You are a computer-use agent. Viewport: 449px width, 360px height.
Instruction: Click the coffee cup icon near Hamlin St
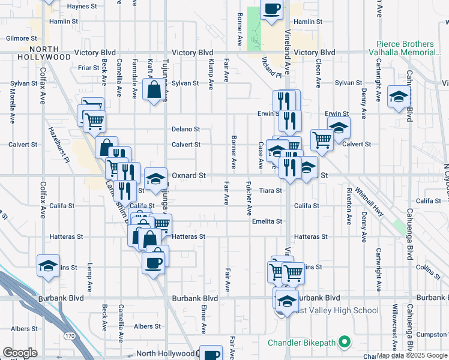272,10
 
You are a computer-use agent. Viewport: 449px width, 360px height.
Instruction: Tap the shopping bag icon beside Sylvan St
154,90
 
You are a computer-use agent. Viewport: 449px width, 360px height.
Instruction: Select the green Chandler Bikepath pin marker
344,343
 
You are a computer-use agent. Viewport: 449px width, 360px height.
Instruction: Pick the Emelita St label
267,221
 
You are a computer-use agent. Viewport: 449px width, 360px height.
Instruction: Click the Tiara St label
271,191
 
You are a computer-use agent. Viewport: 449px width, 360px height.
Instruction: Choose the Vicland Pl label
271,67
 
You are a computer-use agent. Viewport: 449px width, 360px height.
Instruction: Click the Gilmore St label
17,38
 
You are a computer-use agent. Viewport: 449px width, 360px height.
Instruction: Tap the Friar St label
88,68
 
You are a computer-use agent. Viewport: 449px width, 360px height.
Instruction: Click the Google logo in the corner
20,353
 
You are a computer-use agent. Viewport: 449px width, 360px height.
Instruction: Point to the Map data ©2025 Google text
412,355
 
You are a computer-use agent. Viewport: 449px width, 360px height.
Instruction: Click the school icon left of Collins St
48,266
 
